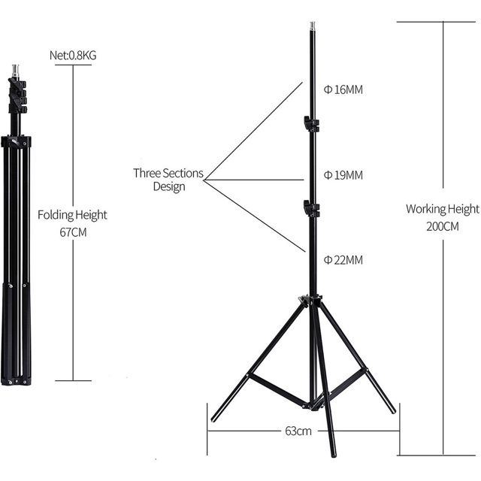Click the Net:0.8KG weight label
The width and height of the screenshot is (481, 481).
(x=73, y=56)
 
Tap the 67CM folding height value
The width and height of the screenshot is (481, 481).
(x=73, y=232)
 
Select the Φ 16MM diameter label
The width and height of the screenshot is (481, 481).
(x=343, y=89)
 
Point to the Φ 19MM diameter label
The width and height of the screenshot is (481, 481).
(x=343, y=175)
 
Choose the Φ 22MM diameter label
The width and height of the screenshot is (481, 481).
(x=343, y=260)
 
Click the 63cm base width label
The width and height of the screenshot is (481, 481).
(x=298, y=431)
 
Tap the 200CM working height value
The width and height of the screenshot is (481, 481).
(x=443, y=226)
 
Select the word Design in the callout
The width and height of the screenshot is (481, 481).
(x=169, y=187)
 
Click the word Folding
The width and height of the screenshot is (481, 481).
(x=55, y=215)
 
